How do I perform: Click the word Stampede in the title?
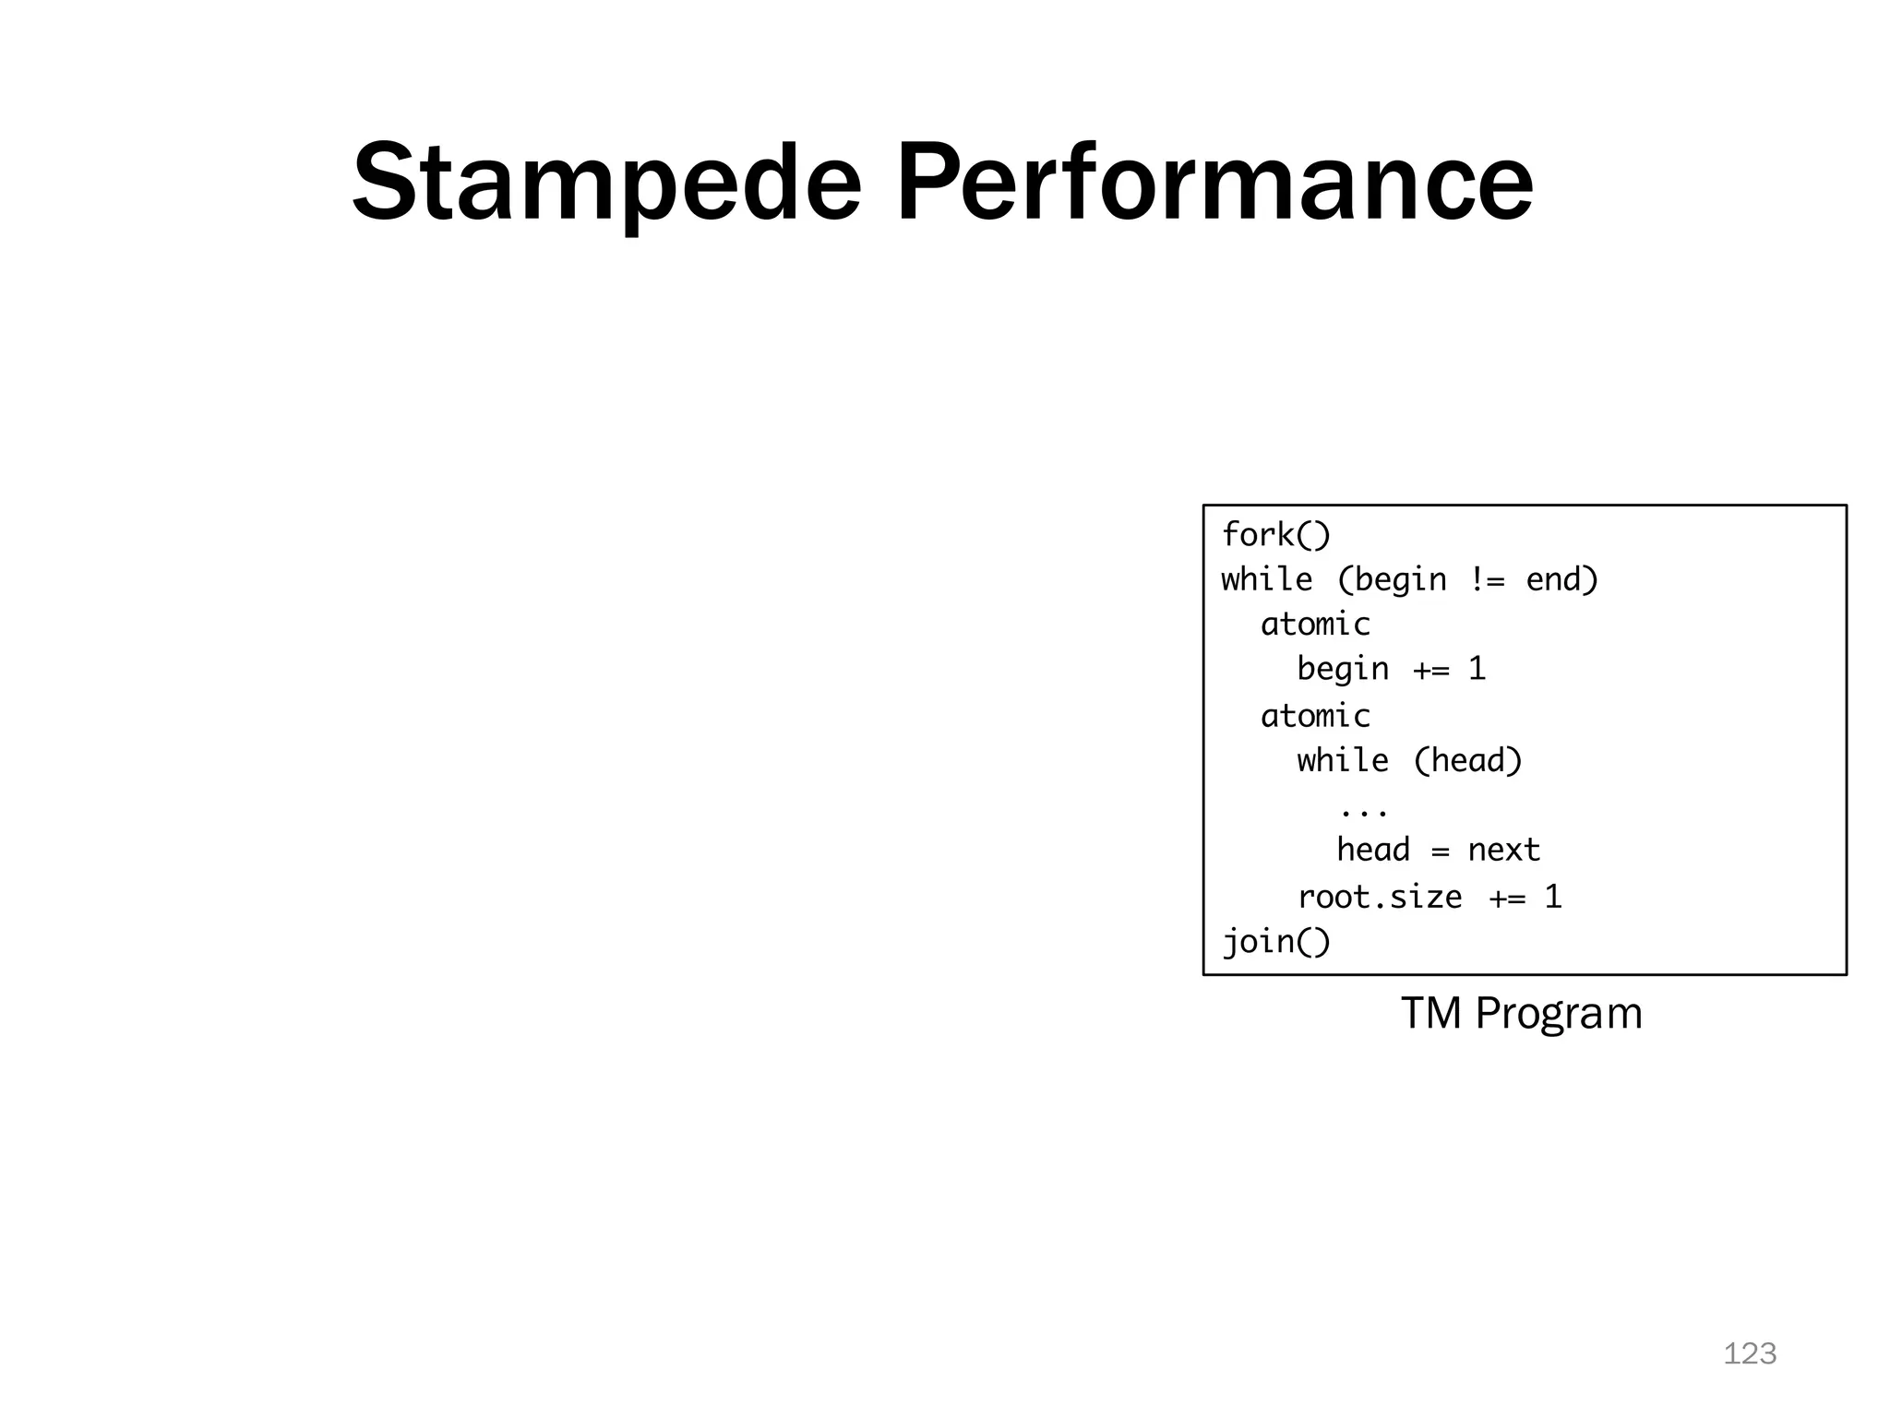tap(605, 183)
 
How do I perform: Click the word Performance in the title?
tap(1214, 183)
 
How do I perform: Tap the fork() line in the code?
tap(1275, 534)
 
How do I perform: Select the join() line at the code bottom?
tap(1276, 942)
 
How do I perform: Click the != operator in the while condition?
tap(1487, 579)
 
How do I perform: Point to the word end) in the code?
tap(1561, 579)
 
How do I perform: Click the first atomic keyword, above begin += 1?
tap(1315, 625)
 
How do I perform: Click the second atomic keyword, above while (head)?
tap(1315, 716)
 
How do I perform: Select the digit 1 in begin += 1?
tap(1477, 669)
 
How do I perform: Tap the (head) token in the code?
tap(1467, 760)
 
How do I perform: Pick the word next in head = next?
tap(1503, 850)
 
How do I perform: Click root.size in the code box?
tap(1380, 897)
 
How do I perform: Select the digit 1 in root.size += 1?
tap(1553, 897)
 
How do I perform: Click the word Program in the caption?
tap(1559, 1014)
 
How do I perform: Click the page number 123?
tap(1750, 1353)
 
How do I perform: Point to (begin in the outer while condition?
tap(1392, 580)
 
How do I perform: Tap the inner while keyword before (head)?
tap(1342, 760)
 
